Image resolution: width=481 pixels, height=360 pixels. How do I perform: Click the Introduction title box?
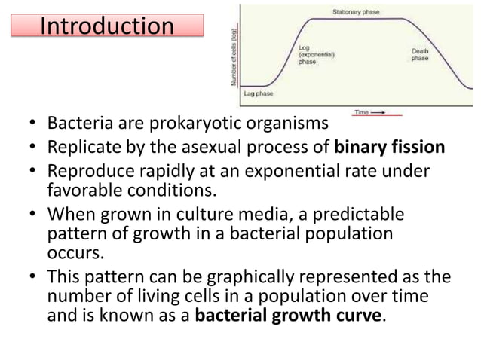[x=106, y=26]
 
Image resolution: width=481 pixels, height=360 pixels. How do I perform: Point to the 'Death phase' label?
[x=420, y=53]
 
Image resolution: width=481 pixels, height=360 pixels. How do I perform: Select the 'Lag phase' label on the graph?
[x=259, y=95]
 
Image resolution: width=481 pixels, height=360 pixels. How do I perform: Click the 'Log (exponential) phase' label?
[x=317, y=55]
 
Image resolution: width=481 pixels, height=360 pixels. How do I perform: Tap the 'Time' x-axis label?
[x=363, y=112]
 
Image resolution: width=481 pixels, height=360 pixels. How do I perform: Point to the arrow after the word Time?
[x=383, y=112]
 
